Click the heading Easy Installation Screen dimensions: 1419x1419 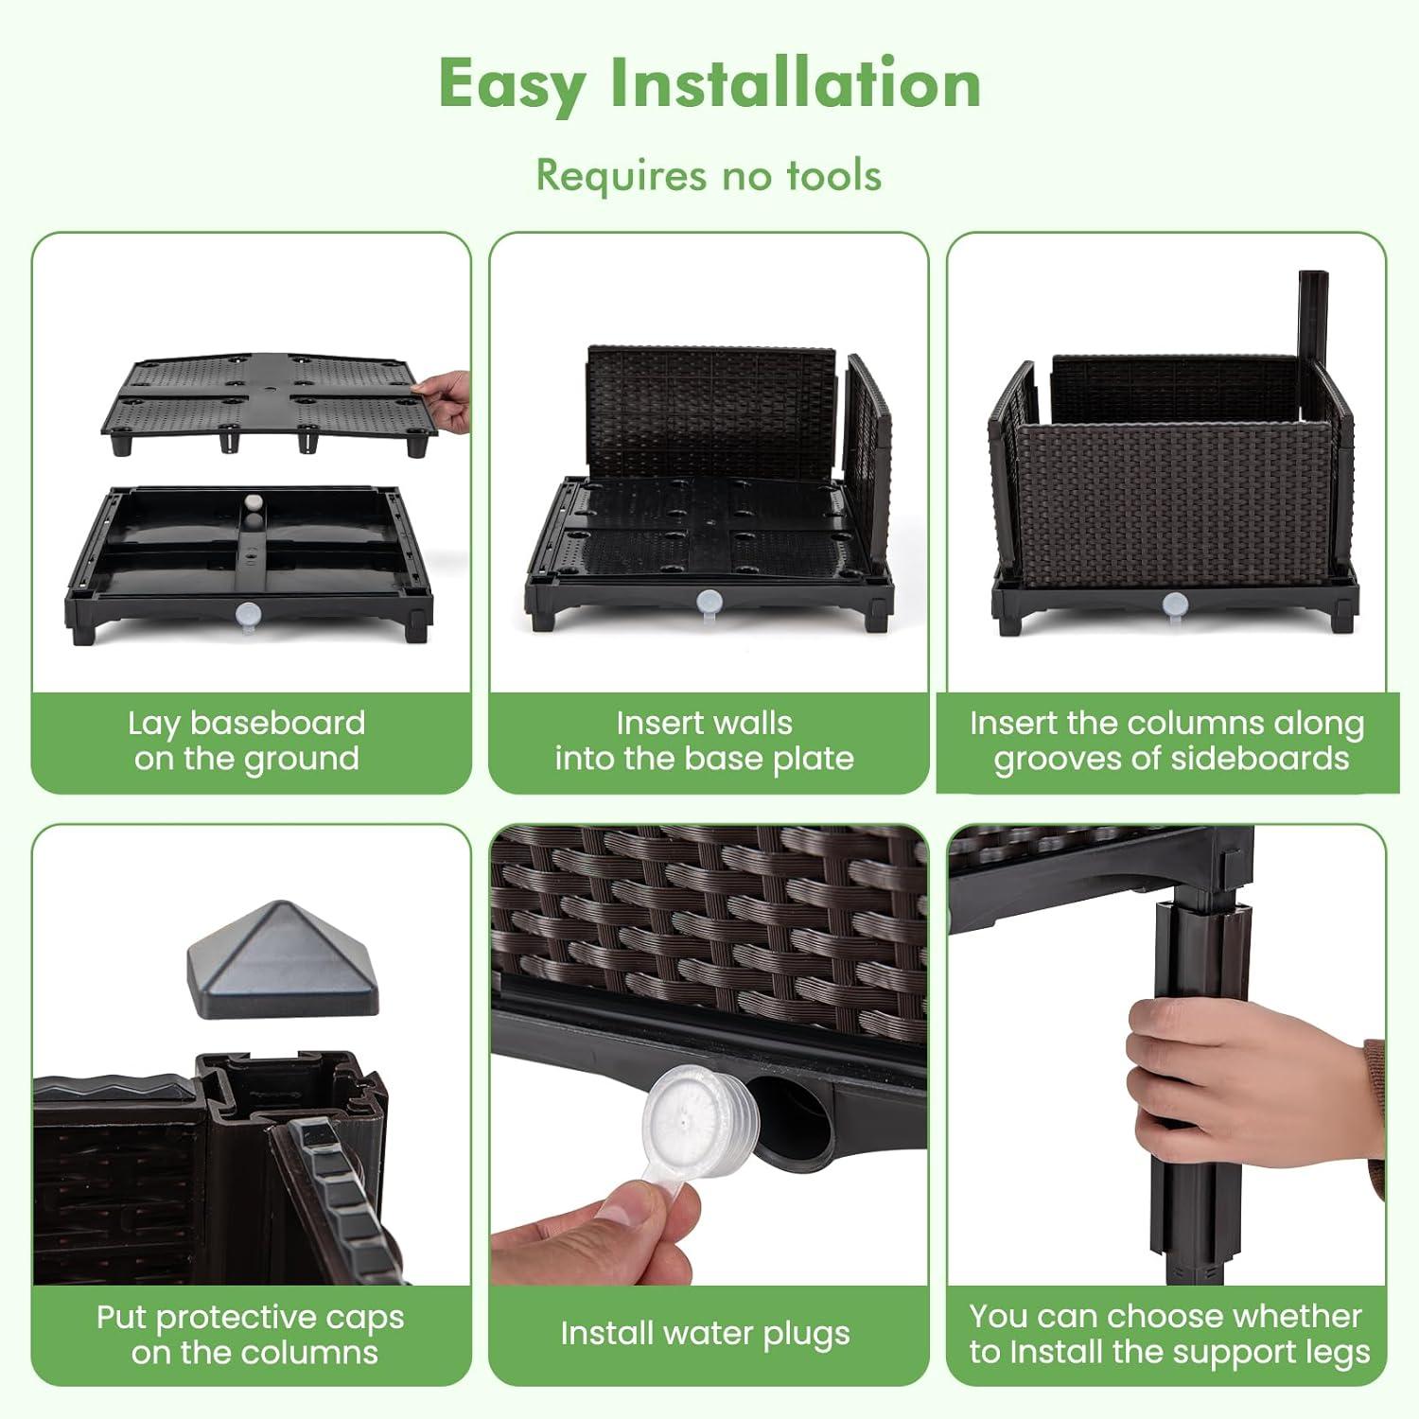click(x=709, y=84)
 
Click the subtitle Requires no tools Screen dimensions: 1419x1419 click(x=709, y=175)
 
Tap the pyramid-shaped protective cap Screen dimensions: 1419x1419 click(x=282, y=959)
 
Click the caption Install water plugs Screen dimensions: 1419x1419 click(x=705, y=1333)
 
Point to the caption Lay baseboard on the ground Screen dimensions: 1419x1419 click(x=247, y=741)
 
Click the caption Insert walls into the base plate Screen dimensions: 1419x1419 click(x=705, y=741)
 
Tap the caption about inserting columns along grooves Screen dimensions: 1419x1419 click(x=1167, y=741)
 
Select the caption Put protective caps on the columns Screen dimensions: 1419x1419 click(x=251, y=1334)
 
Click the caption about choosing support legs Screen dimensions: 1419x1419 click(x=1169, y=1334)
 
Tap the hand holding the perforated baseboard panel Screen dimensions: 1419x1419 click(x=445, y=400)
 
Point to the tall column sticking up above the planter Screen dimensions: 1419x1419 click(x=1313, y=322)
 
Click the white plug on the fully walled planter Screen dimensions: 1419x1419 click(x=1175, y=604)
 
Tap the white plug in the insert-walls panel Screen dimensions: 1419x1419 click(x=709, y=603)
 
